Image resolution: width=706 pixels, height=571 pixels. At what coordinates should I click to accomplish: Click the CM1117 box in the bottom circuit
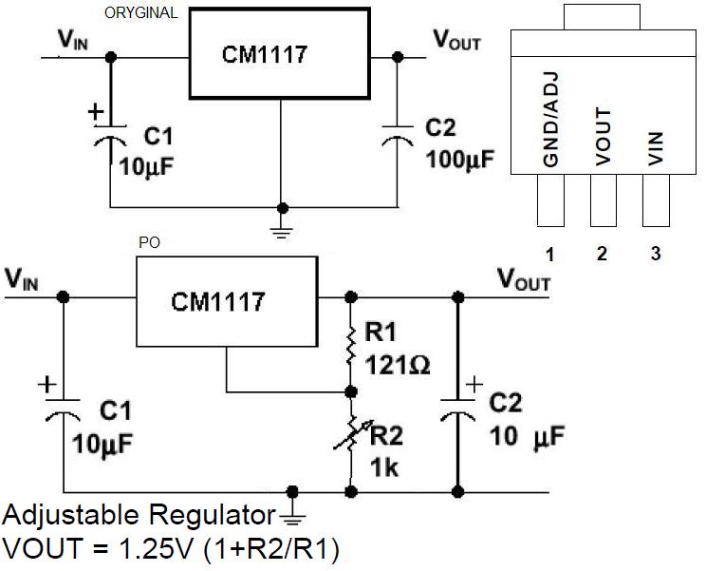(218, 303)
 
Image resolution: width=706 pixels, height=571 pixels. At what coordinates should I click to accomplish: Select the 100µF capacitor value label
(460, 159)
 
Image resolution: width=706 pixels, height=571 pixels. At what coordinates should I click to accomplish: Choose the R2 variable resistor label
(386, 437)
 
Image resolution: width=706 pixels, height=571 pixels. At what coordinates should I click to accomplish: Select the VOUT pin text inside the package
(603, 139)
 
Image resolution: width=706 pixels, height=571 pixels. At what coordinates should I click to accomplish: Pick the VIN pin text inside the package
(655, 148)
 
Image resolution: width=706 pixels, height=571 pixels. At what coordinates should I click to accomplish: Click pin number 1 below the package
(549, 255)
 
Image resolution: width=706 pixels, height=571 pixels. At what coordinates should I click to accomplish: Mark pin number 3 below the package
(655, 255)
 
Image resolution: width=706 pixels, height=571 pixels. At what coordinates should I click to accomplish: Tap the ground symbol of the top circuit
(281, 229)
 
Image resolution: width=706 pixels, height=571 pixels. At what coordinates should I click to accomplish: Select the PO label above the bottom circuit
(149, 243)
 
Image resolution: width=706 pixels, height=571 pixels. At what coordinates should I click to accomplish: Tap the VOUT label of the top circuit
(456, 39)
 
